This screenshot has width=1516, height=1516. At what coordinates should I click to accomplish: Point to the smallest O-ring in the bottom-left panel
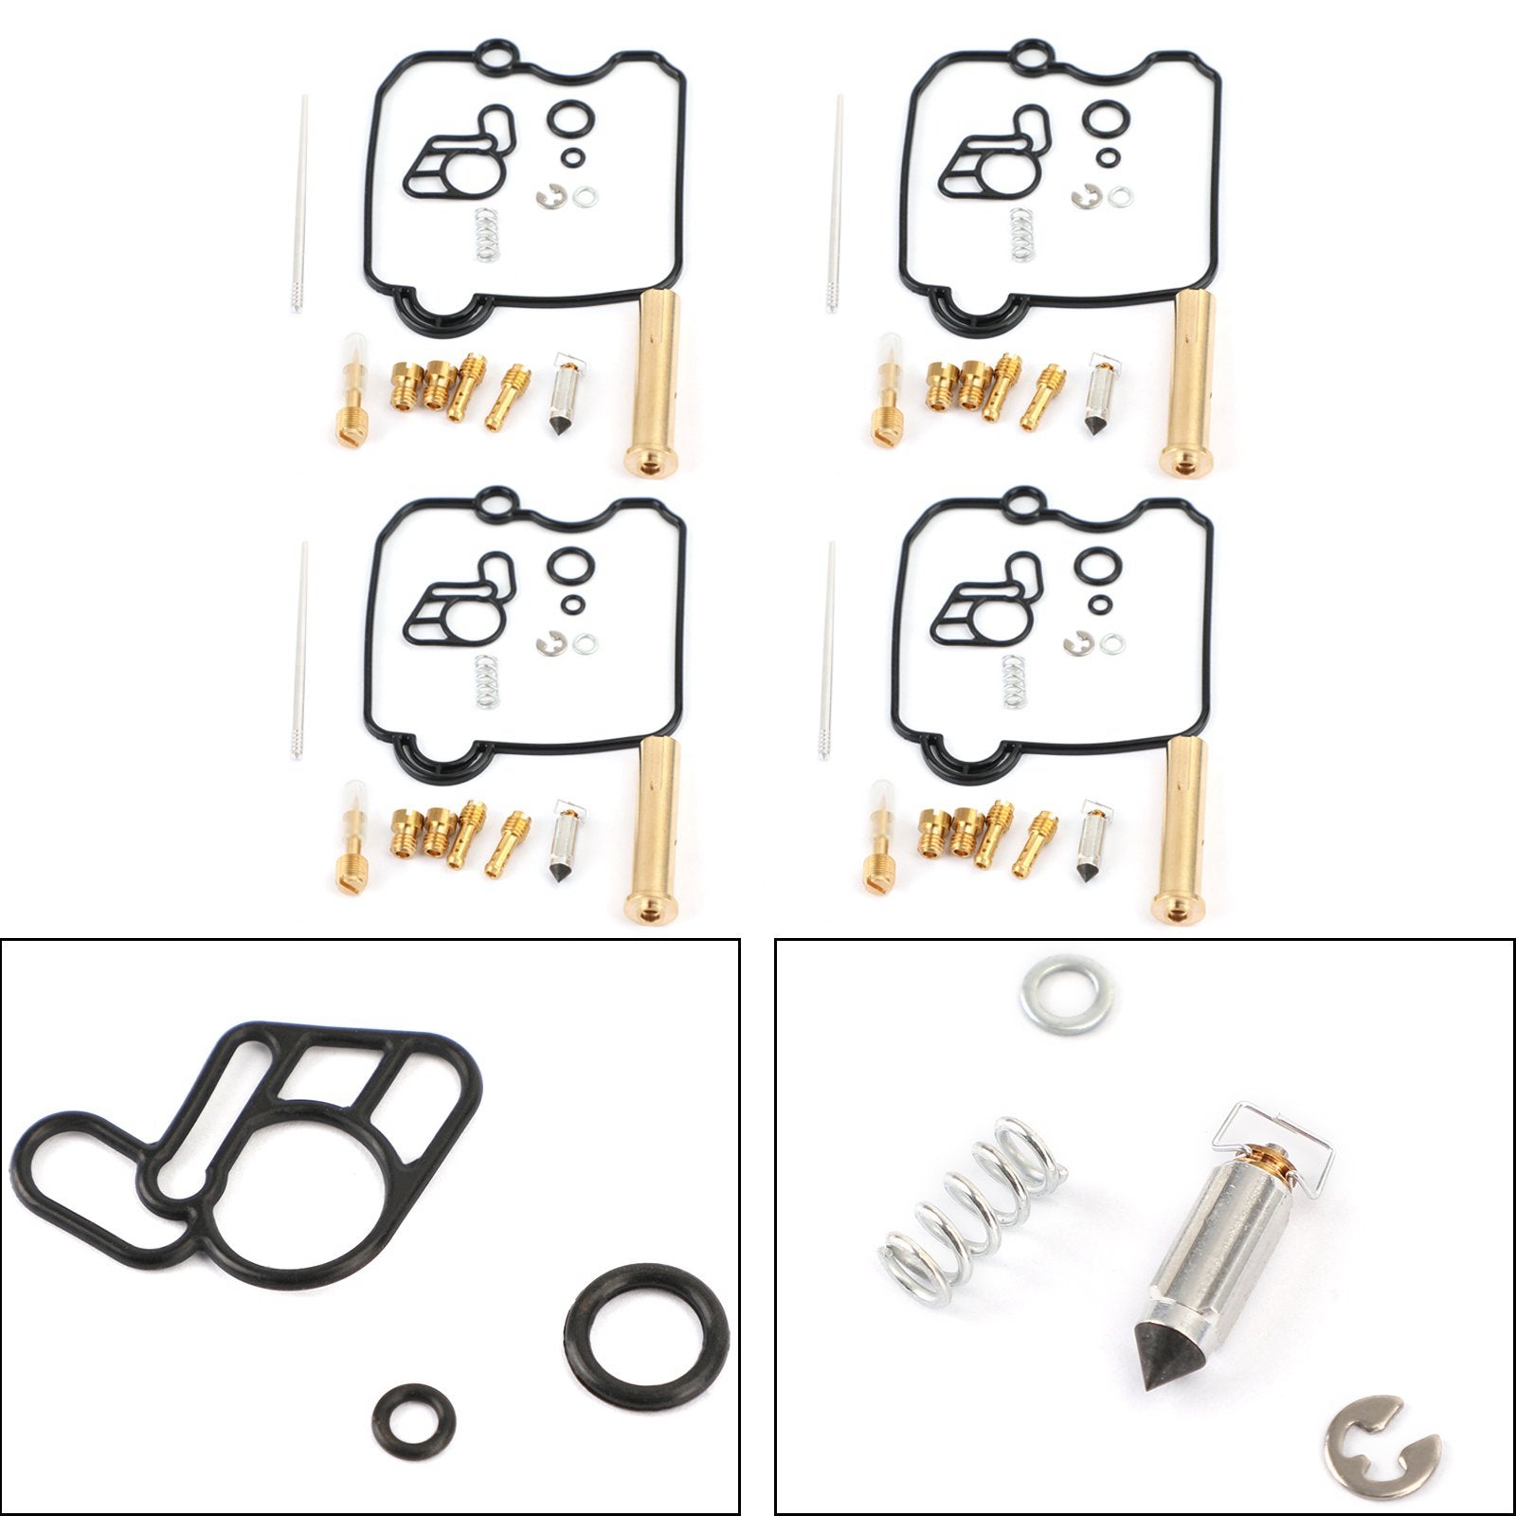pos(412,1421)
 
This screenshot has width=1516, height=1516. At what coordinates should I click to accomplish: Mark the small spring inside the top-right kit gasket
pos(1020,233)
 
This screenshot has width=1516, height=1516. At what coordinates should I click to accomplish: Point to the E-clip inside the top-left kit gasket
pos(547,197)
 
